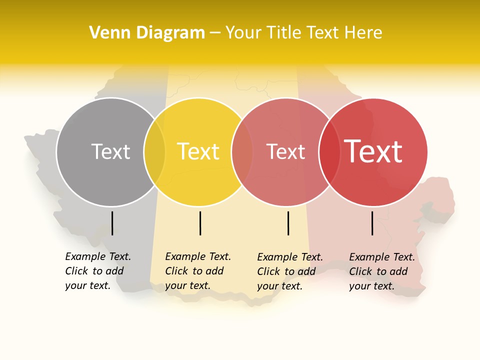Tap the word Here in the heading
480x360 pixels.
pyautogui.click(x=363, y=33)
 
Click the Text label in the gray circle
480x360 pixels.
pyautogui.click(x=110, y=151)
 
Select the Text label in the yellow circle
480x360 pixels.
pyautogui.click(x=198, y=151)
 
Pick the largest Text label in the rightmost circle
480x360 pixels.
pyautogui.click(x=373, y=151)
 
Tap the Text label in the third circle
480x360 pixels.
pyautogui.click(x=285, y=151)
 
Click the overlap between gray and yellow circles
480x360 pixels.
pyautogui.click(x=154, y=152)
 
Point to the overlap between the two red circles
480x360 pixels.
pyautogui.click(x=329, y=152)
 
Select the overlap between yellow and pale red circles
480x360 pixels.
pyautogui.click(x=242, y=152)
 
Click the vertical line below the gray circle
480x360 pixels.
pyautogui.click(x=112, y=223)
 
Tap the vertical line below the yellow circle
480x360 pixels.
pyautogui.click(x=200, y=223)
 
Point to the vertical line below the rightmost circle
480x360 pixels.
pyautogui.click(x=372, y=223)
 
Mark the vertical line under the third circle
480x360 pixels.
pyautogui.click(x=288, y=223)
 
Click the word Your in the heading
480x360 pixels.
pyautogui.click(x=243, y=33)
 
